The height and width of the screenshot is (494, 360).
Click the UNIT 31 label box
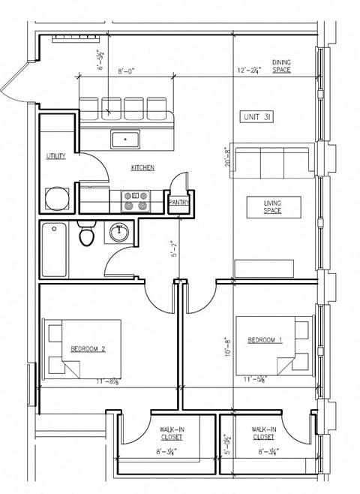pos(257,116)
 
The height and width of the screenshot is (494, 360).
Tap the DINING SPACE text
pos(281,66)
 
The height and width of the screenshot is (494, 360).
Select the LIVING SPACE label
pos(273,206)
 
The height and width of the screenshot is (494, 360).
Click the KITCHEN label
pos(142,167)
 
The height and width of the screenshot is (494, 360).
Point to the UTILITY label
pos(56,156)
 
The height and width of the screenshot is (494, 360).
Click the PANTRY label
pos(178,202)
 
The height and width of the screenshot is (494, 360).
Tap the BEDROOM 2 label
pos(88,349)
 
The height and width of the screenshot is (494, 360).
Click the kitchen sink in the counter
pos(124,139)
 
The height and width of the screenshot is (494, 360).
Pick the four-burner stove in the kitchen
pos(136,201)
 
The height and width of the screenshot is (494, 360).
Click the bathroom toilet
pos(87,234)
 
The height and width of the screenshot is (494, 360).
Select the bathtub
pos(55,250)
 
